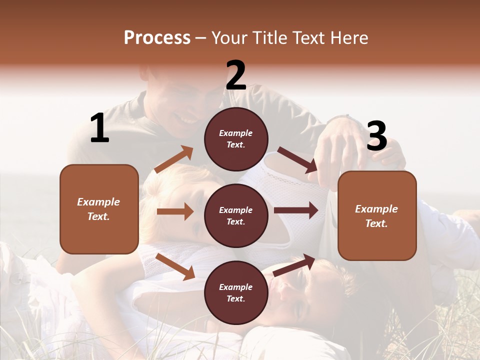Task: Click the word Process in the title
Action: pos(157,38)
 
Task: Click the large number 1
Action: pos(99,128)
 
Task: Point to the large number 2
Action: pos(236,75)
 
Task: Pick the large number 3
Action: pos(376,136)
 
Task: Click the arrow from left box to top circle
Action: pos(174,159)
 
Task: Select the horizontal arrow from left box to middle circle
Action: pos(175,211)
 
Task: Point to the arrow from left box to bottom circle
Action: pos(175,266)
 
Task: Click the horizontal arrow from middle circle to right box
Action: pos(296,210)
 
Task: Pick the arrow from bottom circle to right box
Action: pos(294,265)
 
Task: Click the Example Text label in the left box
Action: pos(98,209)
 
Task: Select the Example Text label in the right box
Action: pos(376,216)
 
